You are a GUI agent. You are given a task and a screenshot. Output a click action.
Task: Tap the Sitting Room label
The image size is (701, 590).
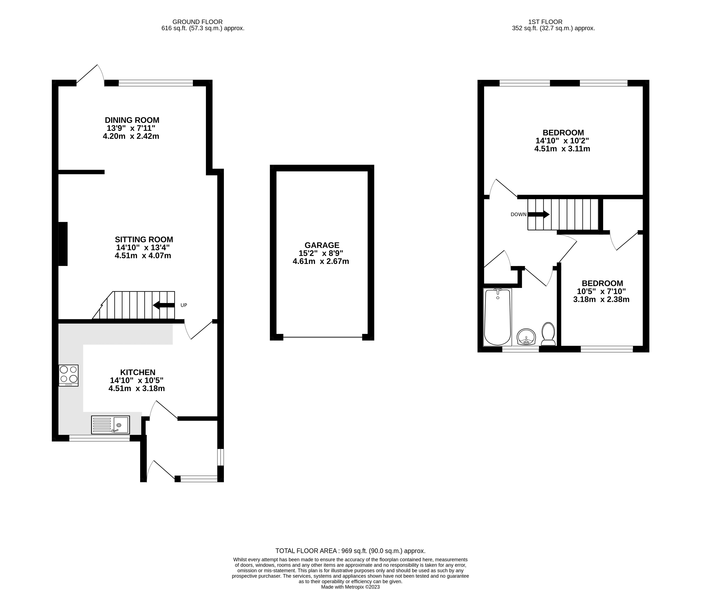click(144, 239)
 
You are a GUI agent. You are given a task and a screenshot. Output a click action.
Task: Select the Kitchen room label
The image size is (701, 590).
click(138, 372)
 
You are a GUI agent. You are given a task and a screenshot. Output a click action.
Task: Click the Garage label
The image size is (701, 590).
click(322, 245)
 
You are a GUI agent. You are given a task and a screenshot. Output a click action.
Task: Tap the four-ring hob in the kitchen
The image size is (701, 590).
click(69, 375)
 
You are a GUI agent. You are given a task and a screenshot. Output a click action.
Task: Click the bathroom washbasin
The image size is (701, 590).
click(526, 337)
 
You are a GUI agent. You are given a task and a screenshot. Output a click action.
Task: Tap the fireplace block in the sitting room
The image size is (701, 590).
click(63, 244)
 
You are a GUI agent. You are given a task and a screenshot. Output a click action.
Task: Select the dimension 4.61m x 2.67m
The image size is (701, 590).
click(321, 261)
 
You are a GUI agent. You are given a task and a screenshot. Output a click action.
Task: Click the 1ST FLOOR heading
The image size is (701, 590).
click(545, 22)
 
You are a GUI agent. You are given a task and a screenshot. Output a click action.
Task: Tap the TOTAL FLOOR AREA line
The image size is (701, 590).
click(350, 551)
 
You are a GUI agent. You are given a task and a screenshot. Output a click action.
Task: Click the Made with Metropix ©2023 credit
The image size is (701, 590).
click(350, 587)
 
